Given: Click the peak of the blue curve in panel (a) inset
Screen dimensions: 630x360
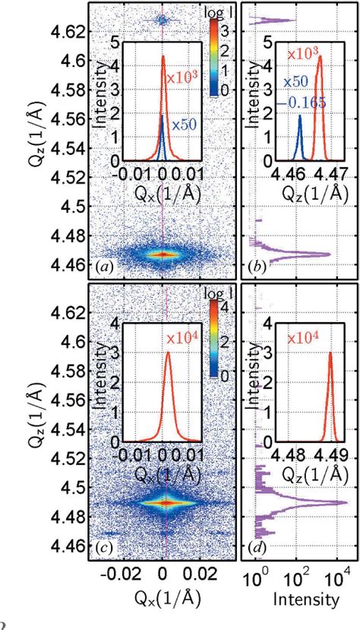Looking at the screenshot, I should (x=163, y=116).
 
